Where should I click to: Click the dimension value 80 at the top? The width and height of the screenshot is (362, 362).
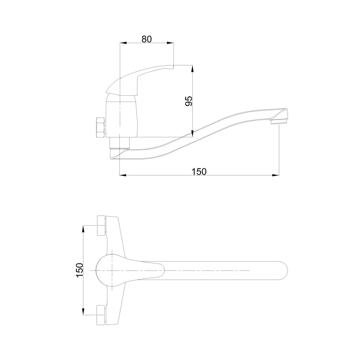(x=147, y=39)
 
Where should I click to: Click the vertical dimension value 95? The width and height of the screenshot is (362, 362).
(x=189, y=101)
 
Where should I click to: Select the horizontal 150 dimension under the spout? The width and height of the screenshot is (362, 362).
(x=199, y=171)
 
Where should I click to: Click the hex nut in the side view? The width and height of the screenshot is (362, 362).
(x=100, y=128)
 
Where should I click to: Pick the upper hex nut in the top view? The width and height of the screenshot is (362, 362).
(x=101, y=226)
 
